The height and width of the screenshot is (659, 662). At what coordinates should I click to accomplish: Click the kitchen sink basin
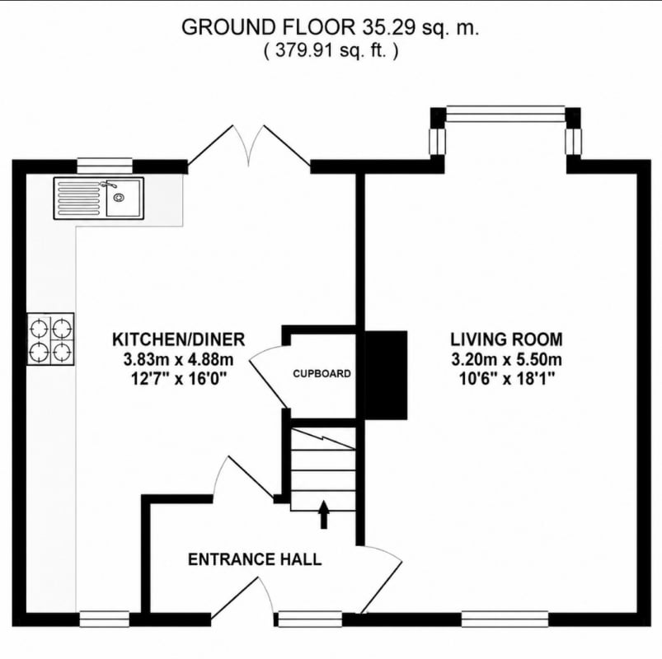pyautogui.click(x=123, y=198)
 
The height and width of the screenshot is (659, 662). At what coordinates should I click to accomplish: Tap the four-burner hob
pyautogui.click(x=50, y=339)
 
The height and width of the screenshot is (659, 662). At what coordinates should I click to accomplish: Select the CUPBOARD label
pyautogui.click(x=322, y=374)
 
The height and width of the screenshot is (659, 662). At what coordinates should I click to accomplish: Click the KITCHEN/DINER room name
pyautogui.click(x=178, y=339)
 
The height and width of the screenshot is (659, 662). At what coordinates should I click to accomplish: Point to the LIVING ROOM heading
pyautogui.click(x=506, y=339)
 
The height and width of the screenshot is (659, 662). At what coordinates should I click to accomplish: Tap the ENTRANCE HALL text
pyautogui.click(x=255, y=559)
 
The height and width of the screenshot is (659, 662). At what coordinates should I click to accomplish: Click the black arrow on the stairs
pyautogui.click(x=324, y=514)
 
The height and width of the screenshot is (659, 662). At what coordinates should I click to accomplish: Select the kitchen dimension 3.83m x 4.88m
pyautogui.click(x=178, y=360)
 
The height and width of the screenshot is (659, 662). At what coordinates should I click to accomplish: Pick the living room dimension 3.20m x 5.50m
pyautogui.click(x=506, y=360)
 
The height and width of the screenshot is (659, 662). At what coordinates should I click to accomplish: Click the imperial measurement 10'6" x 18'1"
pyautogui.click(x=506, y=379)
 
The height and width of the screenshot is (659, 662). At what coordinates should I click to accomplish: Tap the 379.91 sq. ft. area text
pyautogui.click(x=331, y=50)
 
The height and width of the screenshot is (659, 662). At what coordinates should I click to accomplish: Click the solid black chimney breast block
pyautogui.click(x=386, y=375)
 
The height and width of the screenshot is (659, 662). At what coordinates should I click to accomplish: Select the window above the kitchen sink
pyautogui.click(x=105, y=166)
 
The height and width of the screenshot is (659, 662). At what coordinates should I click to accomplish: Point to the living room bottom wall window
pyautogui.click(x=505, y=619)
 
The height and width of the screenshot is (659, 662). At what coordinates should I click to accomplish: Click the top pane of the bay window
pyautogui.click(x=505, y=115)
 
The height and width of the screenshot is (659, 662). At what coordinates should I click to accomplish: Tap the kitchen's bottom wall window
pyautogui.click(x=104, y=619)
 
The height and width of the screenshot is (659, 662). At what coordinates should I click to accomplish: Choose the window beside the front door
pyautogui.click(x=310, y=619)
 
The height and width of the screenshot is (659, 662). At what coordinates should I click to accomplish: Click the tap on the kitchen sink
pyautogui.click(x=108, y=185)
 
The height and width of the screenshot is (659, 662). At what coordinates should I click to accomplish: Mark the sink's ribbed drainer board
pyautogui.click(x=80, y=198)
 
